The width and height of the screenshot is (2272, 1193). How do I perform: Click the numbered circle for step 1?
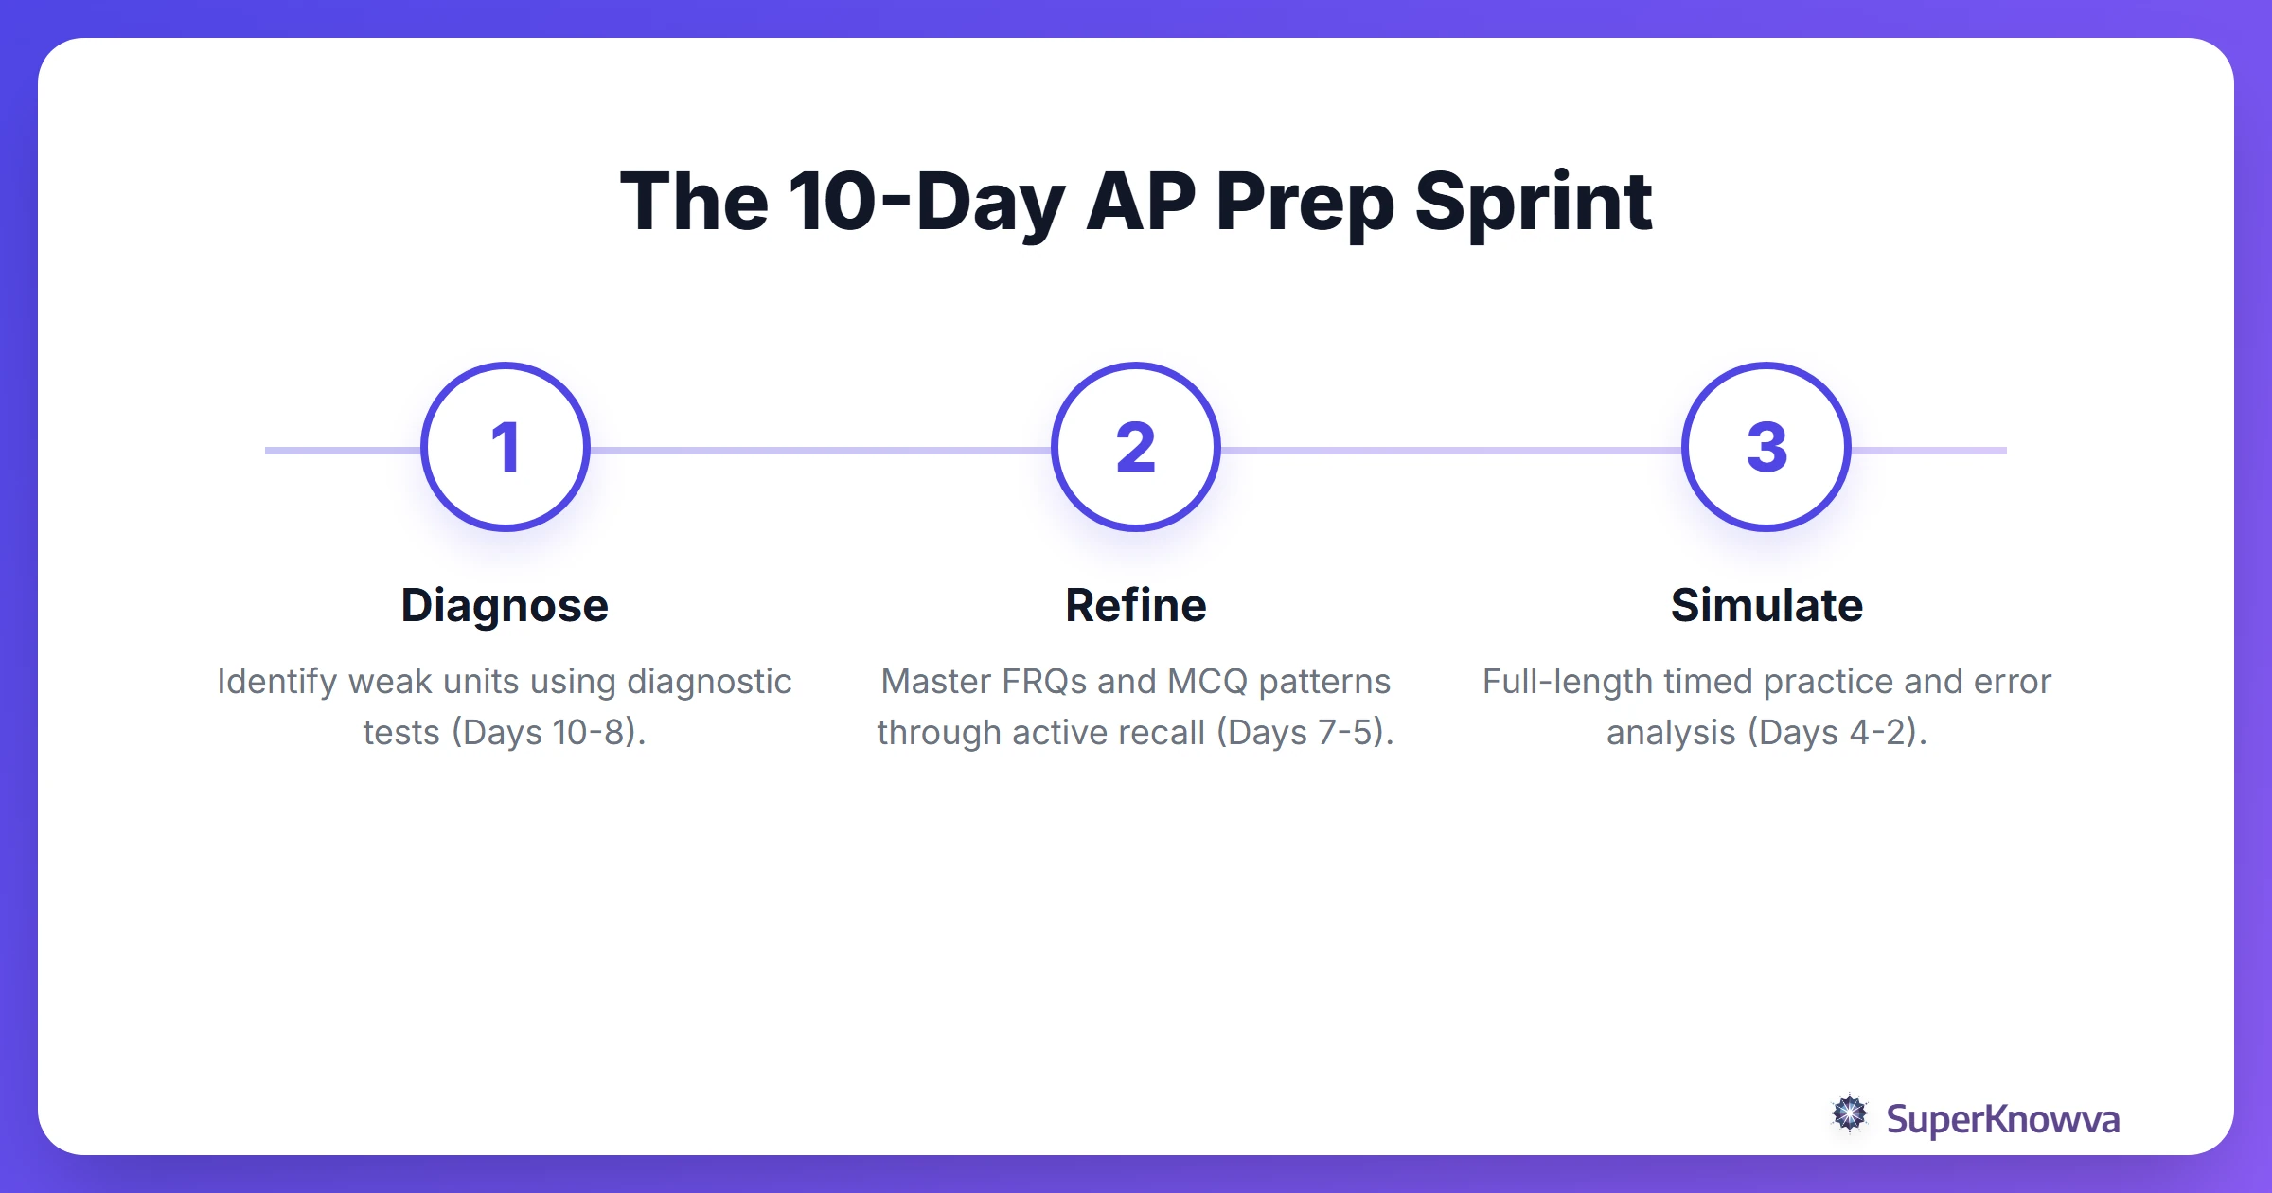[x=506, y=447]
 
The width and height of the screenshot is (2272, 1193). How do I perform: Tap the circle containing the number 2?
[x=1136, y=447]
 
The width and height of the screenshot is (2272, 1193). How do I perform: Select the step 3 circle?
[x=1766, y=447]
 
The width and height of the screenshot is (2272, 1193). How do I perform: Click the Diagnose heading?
[x=505, y=606]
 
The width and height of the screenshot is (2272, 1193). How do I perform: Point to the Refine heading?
[x=1136, y=606]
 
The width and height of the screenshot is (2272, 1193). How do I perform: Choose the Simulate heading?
[x=1766, y=606]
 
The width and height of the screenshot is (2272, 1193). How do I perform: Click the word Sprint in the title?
[x=1534, y=203]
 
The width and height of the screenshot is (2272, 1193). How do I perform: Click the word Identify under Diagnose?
[x=276, y=682]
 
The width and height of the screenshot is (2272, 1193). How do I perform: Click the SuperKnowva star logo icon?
[x=1850, y=1113]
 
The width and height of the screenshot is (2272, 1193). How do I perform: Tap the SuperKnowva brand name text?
[x=2002, y=1119]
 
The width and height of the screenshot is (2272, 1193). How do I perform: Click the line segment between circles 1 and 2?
[x=820, y=451]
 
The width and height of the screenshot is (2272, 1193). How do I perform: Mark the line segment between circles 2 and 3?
[x=1450, y=451]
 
